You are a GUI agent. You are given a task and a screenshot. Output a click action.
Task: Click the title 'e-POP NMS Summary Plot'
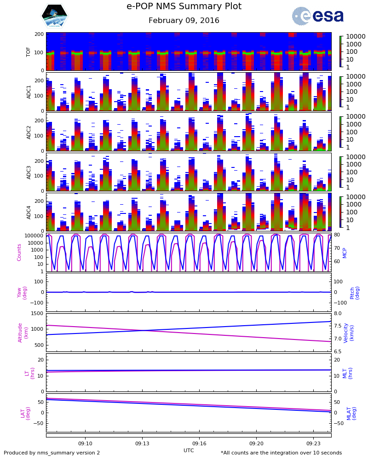[184, 6]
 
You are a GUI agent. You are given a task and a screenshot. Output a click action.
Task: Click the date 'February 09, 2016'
[184, 21]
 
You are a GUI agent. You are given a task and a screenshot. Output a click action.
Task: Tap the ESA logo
[318, 16]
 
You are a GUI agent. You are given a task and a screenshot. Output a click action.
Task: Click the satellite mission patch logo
[54, 16]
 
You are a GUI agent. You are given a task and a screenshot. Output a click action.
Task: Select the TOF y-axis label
[29, 52]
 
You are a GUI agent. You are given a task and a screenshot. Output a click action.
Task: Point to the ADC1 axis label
[29, 92]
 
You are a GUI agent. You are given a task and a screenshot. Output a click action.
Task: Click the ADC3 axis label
[29, 172]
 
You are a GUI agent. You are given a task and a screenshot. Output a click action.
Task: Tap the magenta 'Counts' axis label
[19, 253]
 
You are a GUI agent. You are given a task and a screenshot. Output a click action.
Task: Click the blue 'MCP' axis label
[345, 253]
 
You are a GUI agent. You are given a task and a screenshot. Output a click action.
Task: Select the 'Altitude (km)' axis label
[23, 332]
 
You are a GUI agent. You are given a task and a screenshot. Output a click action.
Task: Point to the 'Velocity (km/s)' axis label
[349, 332]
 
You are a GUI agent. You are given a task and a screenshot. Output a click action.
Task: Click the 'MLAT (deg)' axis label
[351, 413]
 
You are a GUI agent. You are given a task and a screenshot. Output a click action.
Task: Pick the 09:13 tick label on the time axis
[142, 443]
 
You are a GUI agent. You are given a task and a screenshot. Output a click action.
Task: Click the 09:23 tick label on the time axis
[313, 443]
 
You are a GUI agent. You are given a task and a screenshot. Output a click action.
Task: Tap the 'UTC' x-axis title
[189, 450]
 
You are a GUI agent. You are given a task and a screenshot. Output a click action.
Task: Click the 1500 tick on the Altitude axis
[38, 314]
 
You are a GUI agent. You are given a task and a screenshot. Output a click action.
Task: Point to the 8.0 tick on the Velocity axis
[337, 314]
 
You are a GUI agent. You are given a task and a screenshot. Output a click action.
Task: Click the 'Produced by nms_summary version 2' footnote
[52, 453]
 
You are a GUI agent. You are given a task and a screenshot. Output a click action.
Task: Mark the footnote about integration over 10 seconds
[275, 453]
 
